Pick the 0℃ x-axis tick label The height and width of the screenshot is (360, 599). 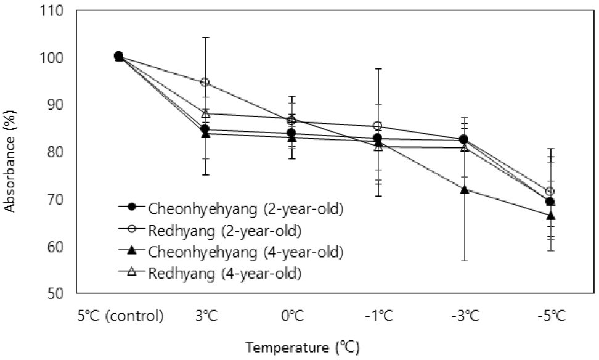click(x=291, y=317)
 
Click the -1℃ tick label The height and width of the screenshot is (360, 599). click(x=378, y=317)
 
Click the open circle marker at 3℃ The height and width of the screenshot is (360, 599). click(x=205, y=82)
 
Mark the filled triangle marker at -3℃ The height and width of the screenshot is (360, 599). click(x=464, y=189)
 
